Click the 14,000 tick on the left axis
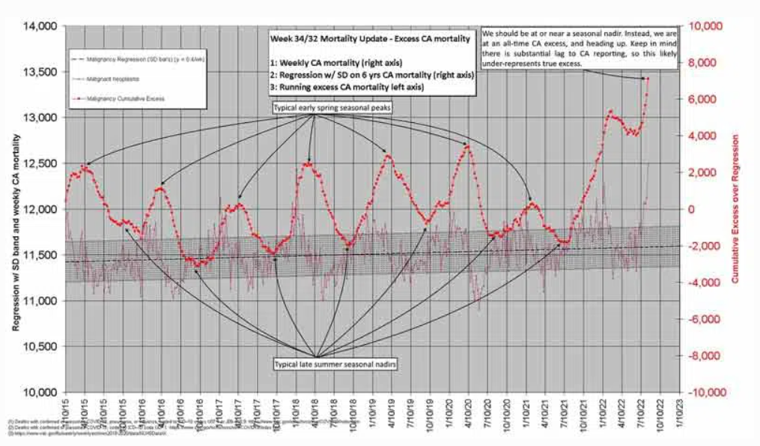pos(41,26)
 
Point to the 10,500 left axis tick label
pos(41,347)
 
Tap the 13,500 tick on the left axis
pos(41,72)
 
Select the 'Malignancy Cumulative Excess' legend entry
pos(124,98)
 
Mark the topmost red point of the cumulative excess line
pos(647,78)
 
